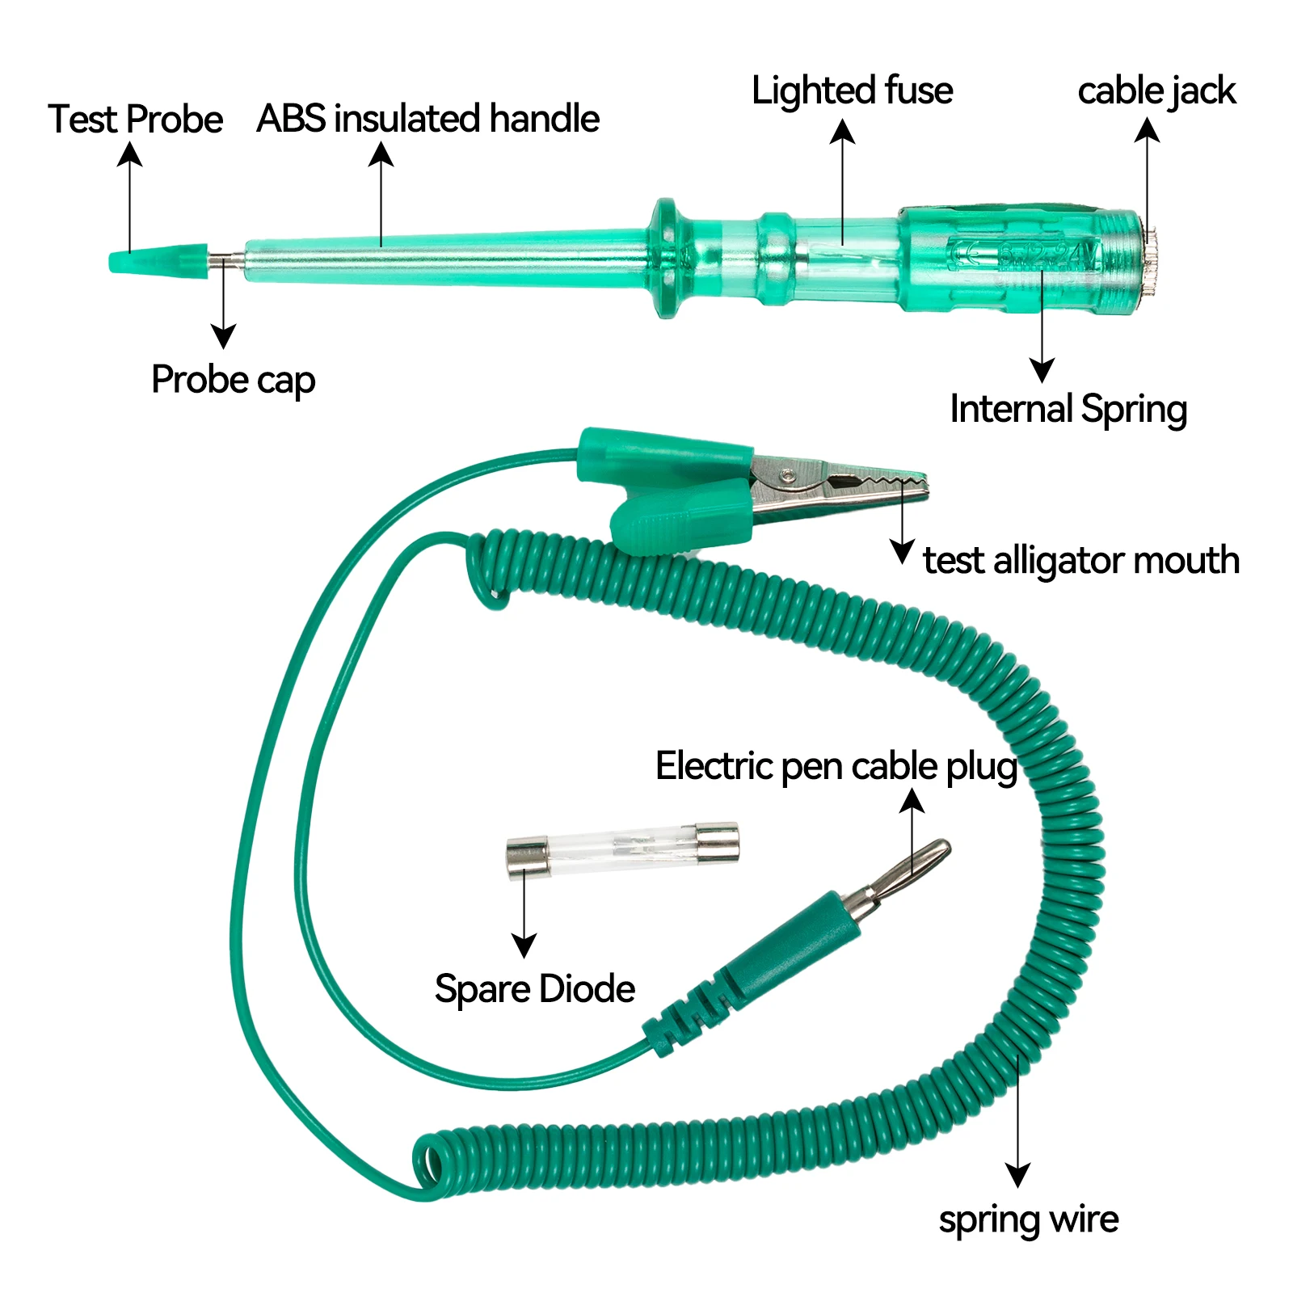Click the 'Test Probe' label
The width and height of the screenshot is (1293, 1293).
click(135, 120)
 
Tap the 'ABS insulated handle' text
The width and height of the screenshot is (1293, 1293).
click(427, 119)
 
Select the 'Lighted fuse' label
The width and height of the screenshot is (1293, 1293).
click(852, 91)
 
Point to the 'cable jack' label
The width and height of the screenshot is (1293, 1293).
click(1156, 91)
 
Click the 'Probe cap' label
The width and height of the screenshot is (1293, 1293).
click(233, 380)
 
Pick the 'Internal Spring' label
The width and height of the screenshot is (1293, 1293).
click(1068, 409)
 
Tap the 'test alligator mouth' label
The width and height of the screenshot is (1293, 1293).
click(1080, 560)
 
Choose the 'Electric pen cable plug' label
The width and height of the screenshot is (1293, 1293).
click(836, 766)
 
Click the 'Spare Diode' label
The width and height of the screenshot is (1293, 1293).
click(534, 989)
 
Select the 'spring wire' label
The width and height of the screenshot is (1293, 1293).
click(1028, 1219)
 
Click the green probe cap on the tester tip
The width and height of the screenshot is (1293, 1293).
click(158, 260)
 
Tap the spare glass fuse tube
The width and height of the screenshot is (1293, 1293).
click(621, 849)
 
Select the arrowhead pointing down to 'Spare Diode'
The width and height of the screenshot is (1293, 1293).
click(524, 946)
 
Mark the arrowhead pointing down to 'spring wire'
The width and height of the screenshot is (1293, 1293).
click(1017, 1174)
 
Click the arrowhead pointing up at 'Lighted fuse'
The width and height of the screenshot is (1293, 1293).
click(842, 132)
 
